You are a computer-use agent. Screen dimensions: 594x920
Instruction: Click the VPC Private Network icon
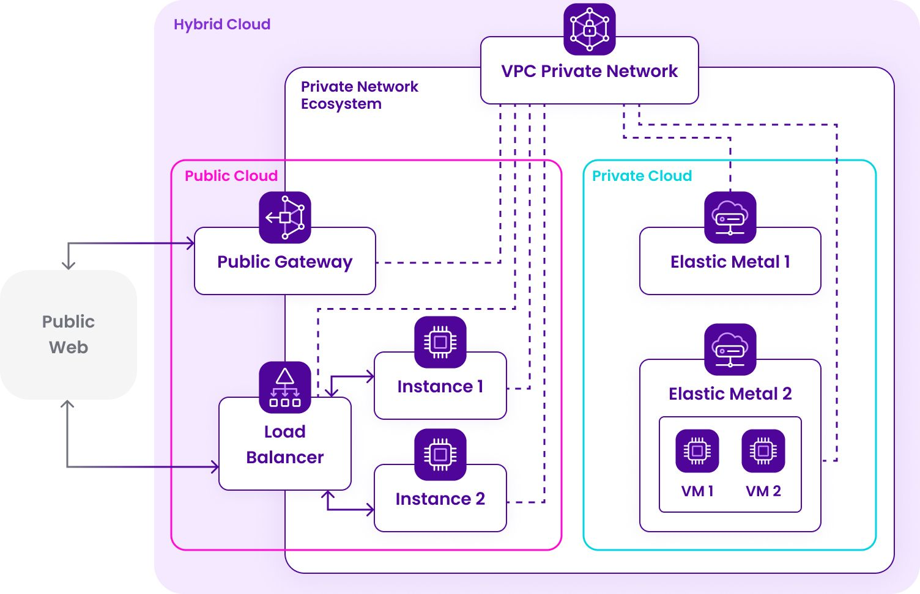point(589,29)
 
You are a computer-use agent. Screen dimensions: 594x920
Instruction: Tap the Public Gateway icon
point(285,217)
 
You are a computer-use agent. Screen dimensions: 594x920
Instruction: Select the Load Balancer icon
point(285,387)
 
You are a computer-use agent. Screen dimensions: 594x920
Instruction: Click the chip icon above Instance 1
point(440,342)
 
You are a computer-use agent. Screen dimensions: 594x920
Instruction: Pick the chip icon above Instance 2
point(440,454)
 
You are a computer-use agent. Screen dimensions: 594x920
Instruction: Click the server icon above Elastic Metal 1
point(730,217)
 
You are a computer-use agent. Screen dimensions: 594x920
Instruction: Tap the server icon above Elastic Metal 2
point(730,349)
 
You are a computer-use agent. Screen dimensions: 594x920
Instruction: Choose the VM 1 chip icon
point(697,451)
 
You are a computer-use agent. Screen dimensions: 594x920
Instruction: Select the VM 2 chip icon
point(763,451)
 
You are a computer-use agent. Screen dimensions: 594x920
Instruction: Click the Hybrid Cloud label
point(222,24)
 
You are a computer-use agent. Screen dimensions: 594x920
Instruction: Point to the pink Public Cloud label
point(231,176)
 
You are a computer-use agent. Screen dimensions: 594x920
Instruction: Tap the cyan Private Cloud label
point(642,176)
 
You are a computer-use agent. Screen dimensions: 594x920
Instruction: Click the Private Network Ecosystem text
point(359,95)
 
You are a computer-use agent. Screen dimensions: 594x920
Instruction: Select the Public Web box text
point(69,334)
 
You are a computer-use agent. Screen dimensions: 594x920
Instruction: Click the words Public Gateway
point(285,262)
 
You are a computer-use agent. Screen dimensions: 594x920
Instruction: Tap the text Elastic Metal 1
point(730,262)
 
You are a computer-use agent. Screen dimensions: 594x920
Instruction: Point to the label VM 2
point(763,491)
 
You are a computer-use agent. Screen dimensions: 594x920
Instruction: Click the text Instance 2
point(440,499)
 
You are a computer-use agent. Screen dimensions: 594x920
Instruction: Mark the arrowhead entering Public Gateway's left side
point(191,243)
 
